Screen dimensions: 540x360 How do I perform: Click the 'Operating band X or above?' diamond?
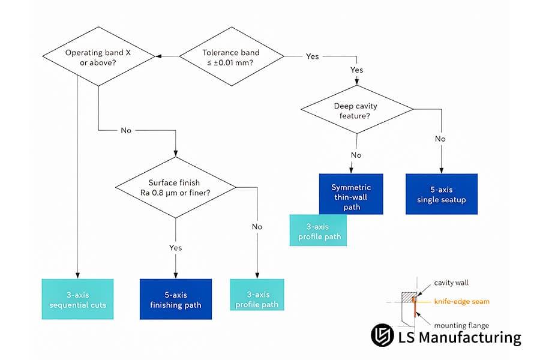(98, 56)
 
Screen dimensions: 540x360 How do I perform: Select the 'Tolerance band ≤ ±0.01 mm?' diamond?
(232, 56)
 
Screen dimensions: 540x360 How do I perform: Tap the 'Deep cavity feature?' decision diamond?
(357, 110)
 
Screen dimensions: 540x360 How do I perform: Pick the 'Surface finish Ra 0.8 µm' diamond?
(176, 187)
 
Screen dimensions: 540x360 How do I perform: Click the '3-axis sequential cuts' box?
(77, 299)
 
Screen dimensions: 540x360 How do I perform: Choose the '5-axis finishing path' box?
(176, 299)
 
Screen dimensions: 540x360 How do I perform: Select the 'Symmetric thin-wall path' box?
(351, 194)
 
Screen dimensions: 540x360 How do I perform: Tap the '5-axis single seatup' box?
(442, 194)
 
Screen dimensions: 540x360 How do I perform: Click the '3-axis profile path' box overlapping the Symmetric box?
(318, 230)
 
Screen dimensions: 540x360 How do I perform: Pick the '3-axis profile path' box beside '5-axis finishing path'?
(257, 295)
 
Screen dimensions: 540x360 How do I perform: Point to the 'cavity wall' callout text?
(451, 283)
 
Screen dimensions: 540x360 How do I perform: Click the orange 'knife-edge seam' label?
(461, 301)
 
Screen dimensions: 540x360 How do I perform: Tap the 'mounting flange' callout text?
(461, 325)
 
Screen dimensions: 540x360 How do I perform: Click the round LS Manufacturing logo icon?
(382, 335)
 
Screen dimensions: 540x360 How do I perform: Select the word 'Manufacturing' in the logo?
(470, 337)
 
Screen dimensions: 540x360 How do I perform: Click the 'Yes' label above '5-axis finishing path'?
(175, 248)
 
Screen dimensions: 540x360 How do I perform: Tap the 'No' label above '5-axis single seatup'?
(440, 139)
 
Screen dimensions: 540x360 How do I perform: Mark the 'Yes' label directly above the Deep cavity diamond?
(357, 70)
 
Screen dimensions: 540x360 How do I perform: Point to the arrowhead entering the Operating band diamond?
(158, 56)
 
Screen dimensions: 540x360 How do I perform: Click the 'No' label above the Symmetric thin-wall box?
(356, 155)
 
